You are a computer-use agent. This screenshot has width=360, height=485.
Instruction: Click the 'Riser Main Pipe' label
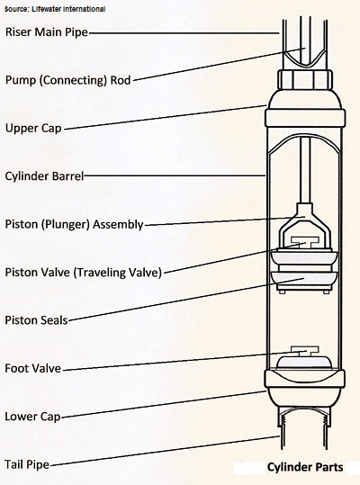point(47,32)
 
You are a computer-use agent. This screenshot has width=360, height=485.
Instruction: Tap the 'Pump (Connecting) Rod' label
point(68,80)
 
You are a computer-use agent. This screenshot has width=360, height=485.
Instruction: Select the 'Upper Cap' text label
point(33,129)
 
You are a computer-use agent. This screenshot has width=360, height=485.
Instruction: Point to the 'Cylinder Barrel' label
point(44,176)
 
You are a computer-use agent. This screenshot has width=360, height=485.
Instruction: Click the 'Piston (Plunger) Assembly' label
point(74,224)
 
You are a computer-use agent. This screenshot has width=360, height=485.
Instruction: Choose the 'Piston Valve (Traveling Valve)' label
point(84,272)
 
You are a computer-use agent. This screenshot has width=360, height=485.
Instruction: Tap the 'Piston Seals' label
point(36,320)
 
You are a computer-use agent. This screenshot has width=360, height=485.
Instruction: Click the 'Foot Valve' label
point(32,368)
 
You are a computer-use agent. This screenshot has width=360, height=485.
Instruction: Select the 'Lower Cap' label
point(32,417)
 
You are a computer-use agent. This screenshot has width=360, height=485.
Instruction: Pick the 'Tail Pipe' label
point(27,464)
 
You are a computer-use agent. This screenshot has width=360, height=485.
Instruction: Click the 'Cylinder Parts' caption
point(305,467)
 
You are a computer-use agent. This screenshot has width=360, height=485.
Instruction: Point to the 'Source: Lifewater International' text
point(55,9)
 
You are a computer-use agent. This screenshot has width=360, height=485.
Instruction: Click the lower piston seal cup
point(304,280)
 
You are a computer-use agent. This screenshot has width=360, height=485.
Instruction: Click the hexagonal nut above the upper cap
point(305,80)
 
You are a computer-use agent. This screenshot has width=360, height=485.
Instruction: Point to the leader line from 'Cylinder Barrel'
point(175,175)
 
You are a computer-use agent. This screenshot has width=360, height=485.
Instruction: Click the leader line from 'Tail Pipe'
point(165,450)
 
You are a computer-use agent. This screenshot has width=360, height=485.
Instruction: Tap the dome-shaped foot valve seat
point(304,363)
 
